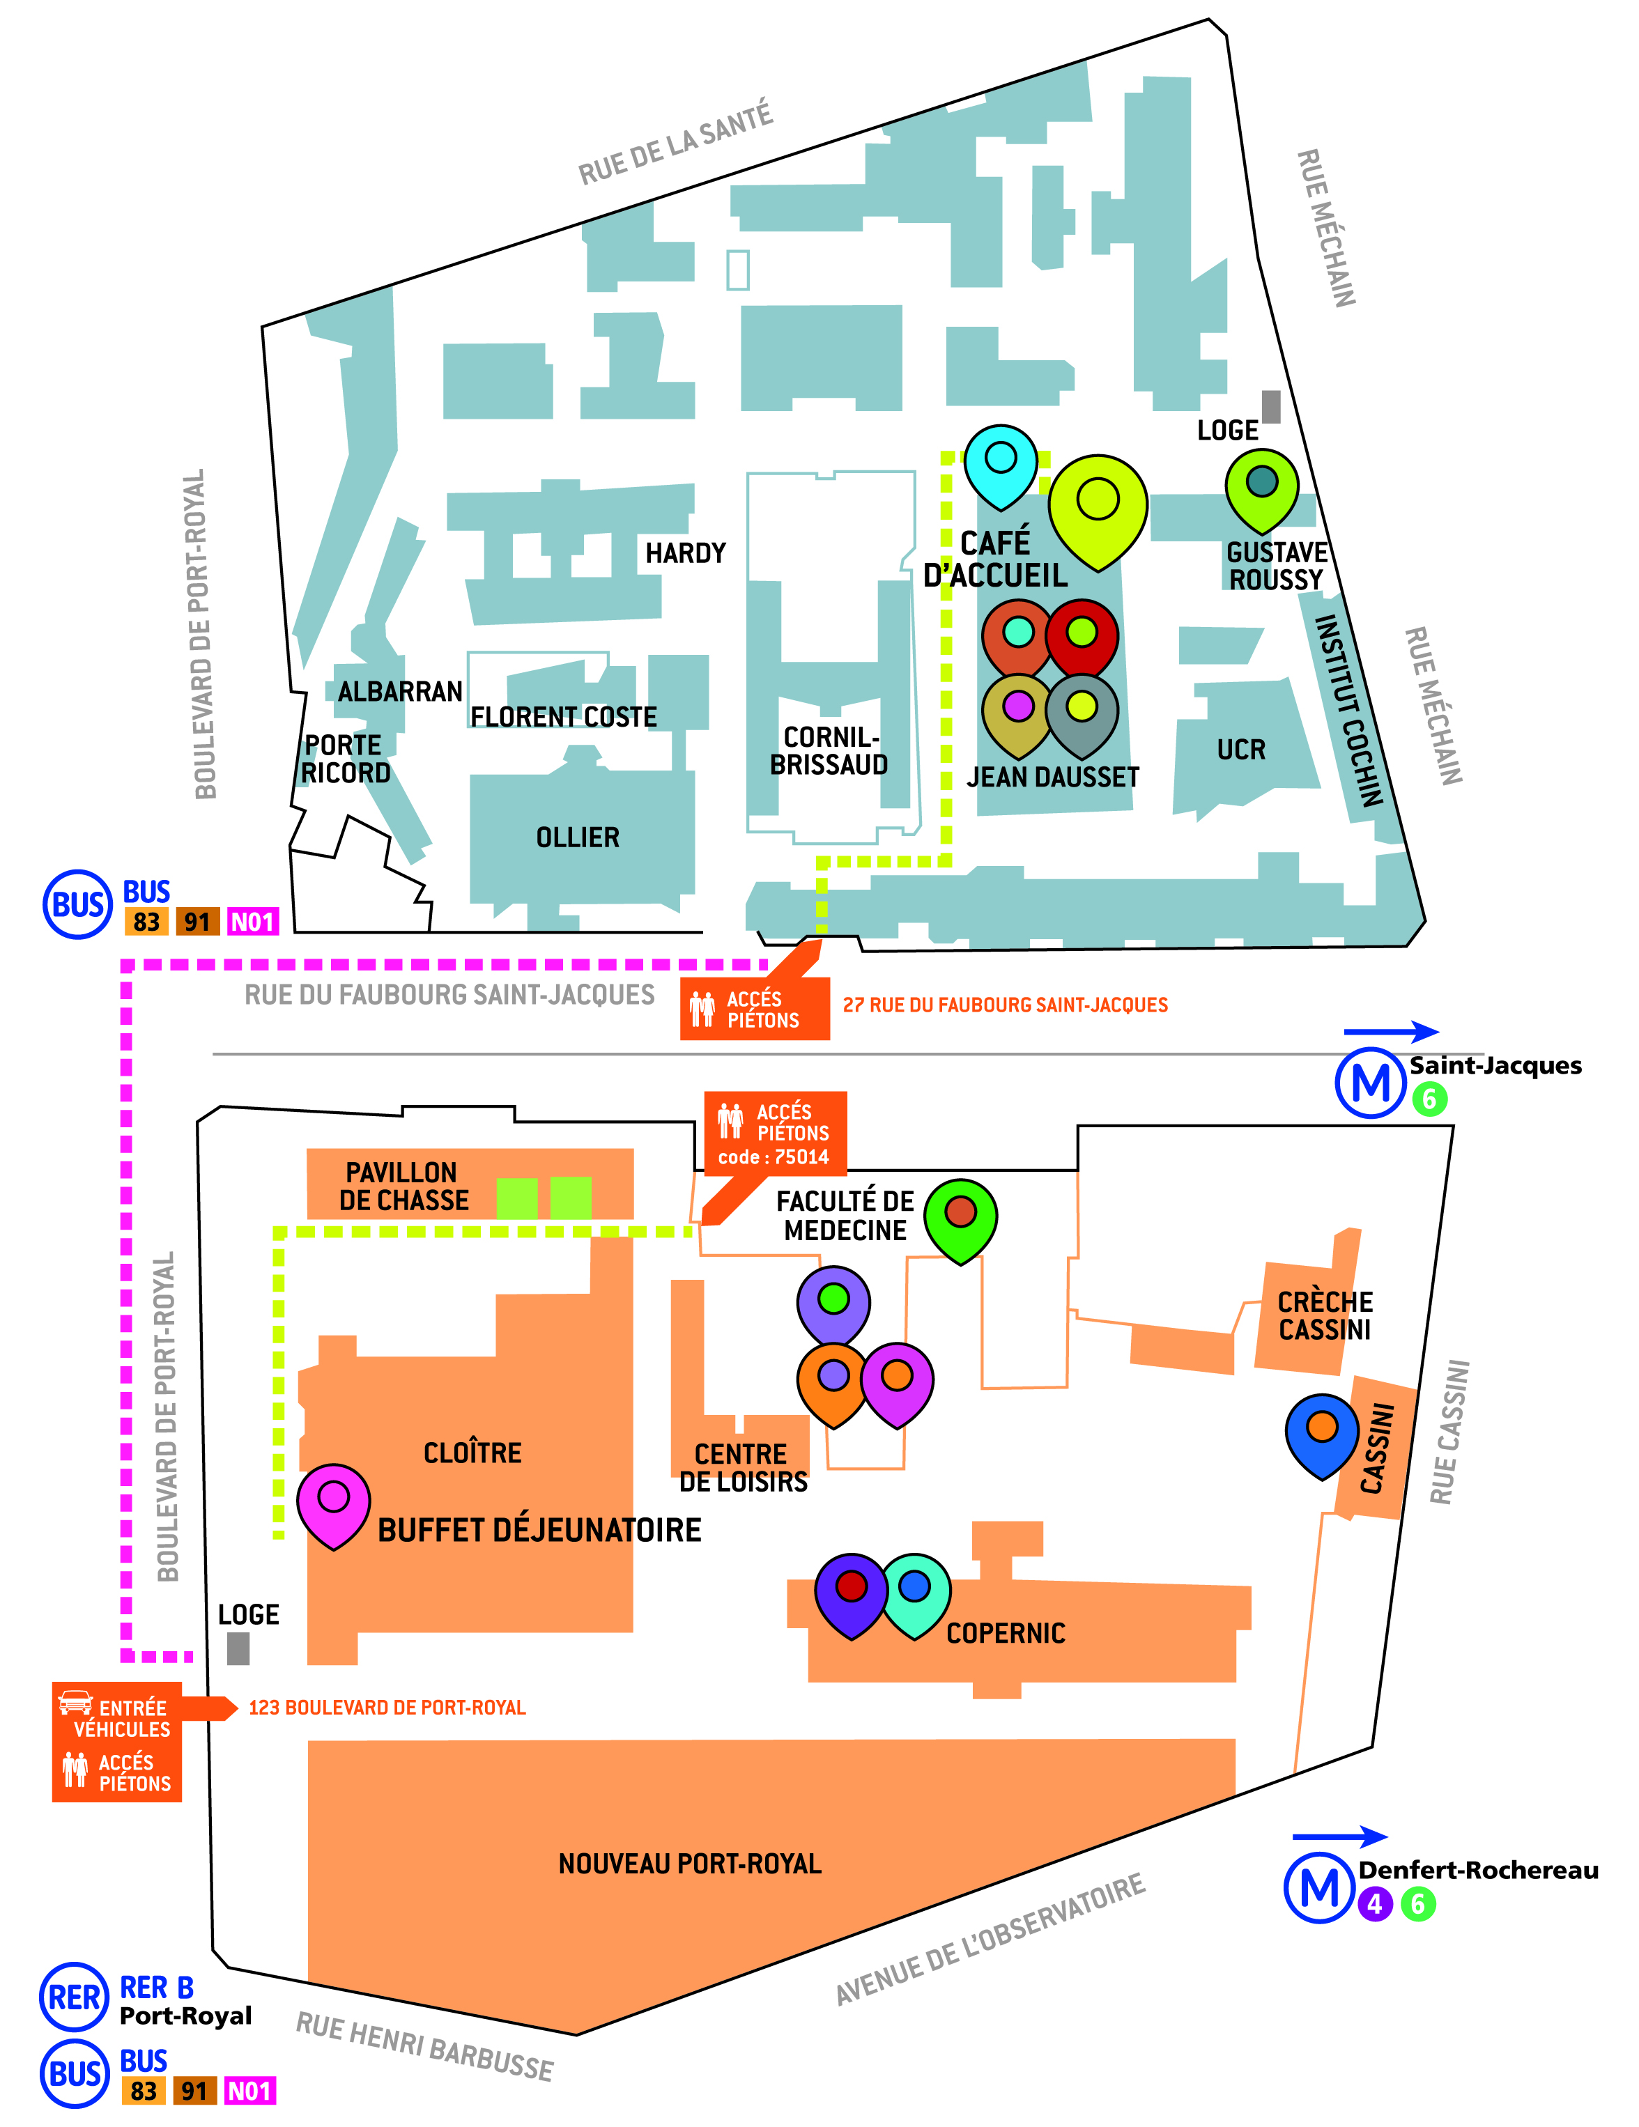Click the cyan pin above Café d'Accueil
[1000, 465]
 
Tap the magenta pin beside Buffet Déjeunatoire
[333, 1505]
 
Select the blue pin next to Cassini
[1321, 1434]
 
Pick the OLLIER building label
[578, 837]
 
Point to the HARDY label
[686, 553]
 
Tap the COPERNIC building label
[1006, 1633]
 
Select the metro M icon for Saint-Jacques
[1370, 1082]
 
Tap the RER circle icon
[74, 1997]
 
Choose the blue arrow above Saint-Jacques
[1391, 1031]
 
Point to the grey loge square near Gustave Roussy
[1271, 406]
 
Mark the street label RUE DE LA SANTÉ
[676, 143]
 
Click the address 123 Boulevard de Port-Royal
[387, 1708]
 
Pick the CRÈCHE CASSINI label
[1325, 1316]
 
